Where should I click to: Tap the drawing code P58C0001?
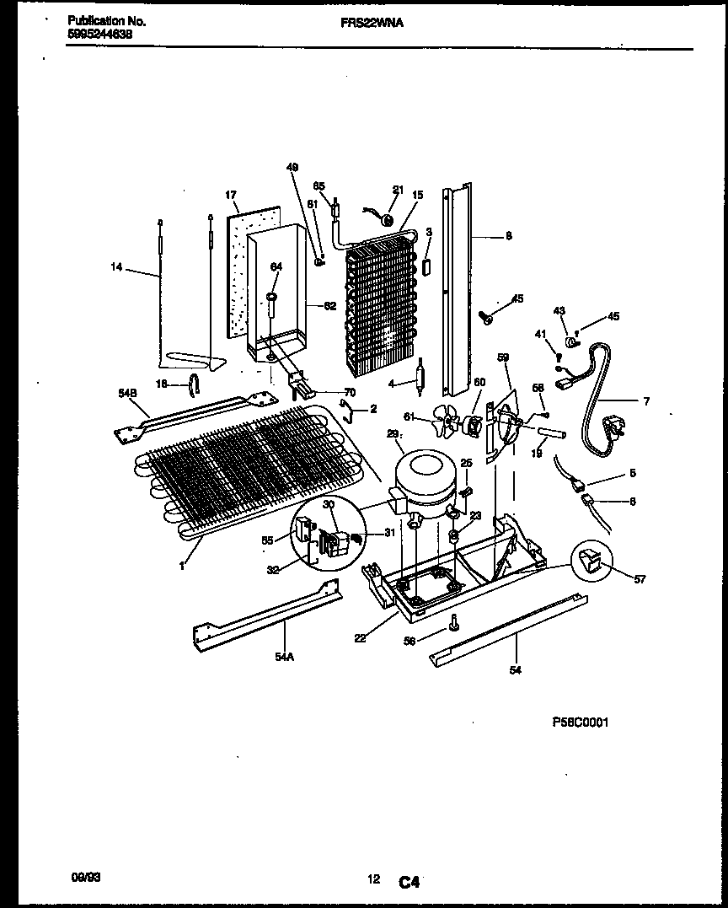tap(580, 723)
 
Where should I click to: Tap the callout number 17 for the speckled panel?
tap(230, 196)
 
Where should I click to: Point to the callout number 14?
tap(116, 267)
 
